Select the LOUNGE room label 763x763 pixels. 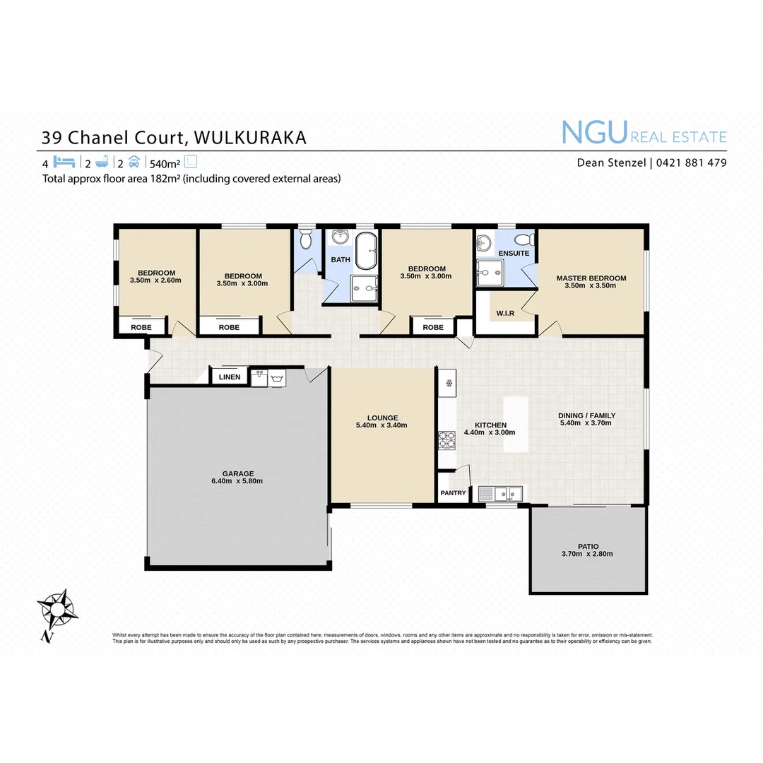(382, 418)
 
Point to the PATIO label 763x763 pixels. (588, 546)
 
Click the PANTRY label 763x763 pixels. (453, 492)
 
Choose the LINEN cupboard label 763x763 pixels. (230, 377)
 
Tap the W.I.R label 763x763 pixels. (504, 313)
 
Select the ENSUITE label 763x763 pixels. (514, 253)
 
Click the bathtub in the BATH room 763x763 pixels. (366, 250)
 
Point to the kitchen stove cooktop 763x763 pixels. (446, 441)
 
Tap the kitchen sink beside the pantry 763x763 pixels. (501, 492)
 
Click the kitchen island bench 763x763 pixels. (516, 424)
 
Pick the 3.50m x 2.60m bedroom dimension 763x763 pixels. (156, 280)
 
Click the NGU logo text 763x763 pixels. (594, 132)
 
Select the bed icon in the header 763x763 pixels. (64, 161)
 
